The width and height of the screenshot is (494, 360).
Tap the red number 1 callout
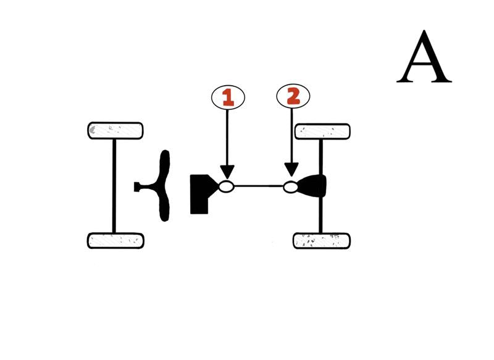pos(228,96)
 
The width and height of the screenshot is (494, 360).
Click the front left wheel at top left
pos(115,130)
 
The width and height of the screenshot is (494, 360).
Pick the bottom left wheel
pos(115,240)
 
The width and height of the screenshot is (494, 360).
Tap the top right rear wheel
pos(322,131)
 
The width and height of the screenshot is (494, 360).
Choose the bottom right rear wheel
pos(322,240)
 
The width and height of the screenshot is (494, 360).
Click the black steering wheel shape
pos(164,186)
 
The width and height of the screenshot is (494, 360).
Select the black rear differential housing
pos(312,186)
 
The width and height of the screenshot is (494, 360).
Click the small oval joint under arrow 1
pos(227,186)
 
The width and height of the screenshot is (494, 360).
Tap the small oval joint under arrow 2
pos(291,186)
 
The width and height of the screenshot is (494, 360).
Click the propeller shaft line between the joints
pos(259,186)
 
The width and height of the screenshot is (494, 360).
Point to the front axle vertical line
pos(114,185)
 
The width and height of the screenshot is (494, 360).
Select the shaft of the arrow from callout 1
pos(227,136)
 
